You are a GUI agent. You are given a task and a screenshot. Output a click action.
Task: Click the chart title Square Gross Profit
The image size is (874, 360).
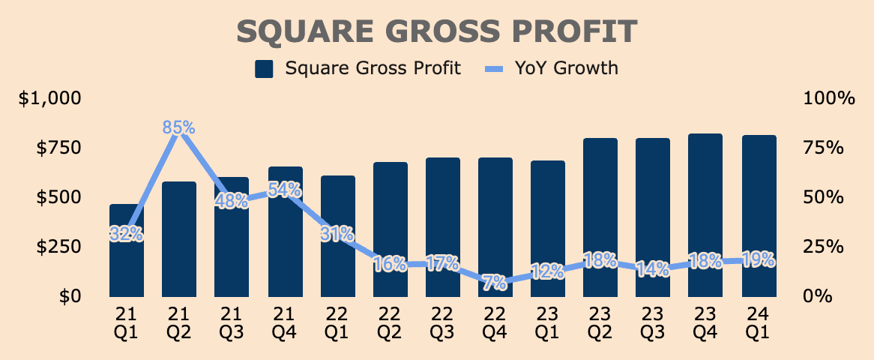[437, 32]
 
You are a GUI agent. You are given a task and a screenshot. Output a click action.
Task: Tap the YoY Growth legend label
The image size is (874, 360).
[566, 69]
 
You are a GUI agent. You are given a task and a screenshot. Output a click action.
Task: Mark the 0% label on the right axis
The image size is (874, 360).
[819, 295]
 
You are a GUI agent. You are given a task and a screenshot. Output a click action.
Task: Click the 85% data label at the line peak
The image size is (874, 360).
[179, 128]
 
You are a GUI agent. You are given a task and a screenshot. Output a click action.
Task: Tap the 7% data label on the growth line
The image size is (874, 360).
[495, 283]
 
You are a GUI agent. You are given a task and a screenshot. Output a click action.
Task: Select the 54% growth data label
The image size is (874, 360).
[286, 190]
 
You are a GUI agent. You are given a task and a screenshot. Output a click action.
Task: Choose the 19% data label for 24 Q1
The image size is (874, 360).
[759, 259]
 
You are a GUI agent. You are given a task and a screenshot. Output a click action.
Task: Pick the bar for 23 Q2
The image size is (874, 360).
[600, 217]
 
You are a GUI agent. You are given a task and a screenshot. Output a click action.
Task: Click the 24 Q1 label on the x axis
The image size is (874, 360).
[758, 322]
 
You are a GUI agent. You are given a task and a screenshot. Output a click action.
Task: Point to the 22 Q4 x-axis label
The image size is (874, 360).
[495, 322]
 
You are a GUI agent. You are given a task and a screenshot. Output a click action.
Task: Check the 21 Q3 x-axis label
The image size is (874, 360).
[232, 322]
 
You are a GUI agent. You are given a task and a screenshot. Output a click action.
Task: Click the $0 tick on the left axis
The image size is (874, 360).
[70, 295]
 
